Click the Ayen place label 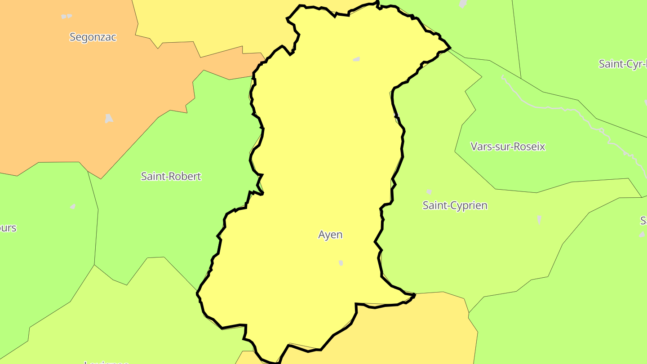(x=330, y=235)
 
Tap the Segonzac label (x=93, y=37)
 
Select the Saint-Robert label (x=171, y=176)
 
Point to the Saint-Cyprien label (x=455, y=205)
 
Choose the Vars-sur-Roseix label (x=508, y=146)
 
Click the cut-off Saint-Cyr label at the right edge (x=623, y=64)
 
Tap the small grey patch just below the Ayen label (x=341, y=263)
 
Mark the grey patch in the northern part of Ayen (x=356, y=59)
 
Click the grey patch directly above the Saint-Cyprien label (x=429, y=192)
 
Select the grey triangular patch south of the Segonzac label (x=109, y=119)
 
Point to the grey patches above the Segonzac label (x=66, y=16)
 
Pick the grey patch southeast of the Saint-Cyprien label (x=539, y=219)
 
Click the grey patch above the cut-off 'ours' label (x=73, y=206)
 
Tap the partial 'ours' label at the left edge (x=8, y=228)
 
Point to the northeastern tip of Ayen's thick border (x=449, y=47)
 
